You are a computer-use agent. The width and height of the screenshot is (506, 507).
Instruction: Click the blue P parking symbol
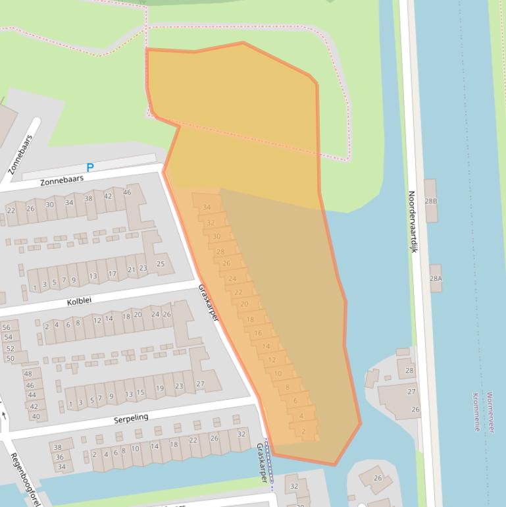pos(90,167)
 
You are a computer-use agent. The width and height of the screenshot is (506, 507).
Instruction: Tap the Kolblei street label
pos(79,302)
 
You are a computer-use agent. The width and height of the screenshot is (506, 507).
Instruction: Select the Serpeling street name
pos(131,417)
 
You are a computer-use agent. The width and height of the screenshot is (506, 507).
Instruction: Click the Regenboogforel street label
pos(24,479)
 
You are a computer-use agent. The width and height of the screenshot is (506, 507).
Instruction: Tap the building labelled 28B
pos(430,201)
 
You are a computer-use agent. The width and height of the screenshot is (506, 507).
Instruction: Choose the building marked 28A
pos(436,279)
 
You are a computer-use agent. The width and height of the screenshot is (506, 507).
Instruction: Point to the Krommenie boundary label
pos(476,412)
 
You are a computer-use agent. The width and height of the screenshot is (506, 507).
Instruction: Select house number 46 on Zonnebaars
pos(127,193)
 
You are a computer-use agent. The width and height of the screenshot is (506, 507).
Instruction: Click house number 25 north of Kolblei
pos(160,264)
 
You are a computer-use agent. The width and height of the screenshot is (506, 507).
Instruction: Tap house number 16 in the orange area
pos(258,333)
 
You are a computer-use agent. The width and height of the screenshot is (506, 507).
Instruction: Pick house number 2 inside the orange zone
pos(303,432)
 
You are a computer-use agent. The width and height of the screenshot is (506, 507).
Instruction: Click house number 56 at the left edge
pos(7,327)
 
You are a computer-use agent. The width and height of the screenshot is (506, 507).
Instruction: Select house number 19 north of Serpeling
pos(160,388)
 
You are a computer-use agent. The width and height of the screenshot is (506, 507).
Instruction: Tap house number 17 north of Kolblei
pos(112,274)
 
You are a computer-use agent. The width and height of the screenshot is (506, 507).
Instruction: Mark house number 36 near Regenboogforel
pos(59,457)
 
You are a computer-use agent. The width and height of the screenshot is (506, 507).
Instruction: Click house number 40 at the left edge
pos(36,416)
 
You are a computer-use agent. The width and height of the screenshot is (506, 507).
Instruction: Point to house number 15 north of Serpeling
pos(140,393)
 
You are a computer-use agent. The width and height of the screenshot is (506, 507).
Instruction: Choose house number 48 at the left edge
pos(28,373)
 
